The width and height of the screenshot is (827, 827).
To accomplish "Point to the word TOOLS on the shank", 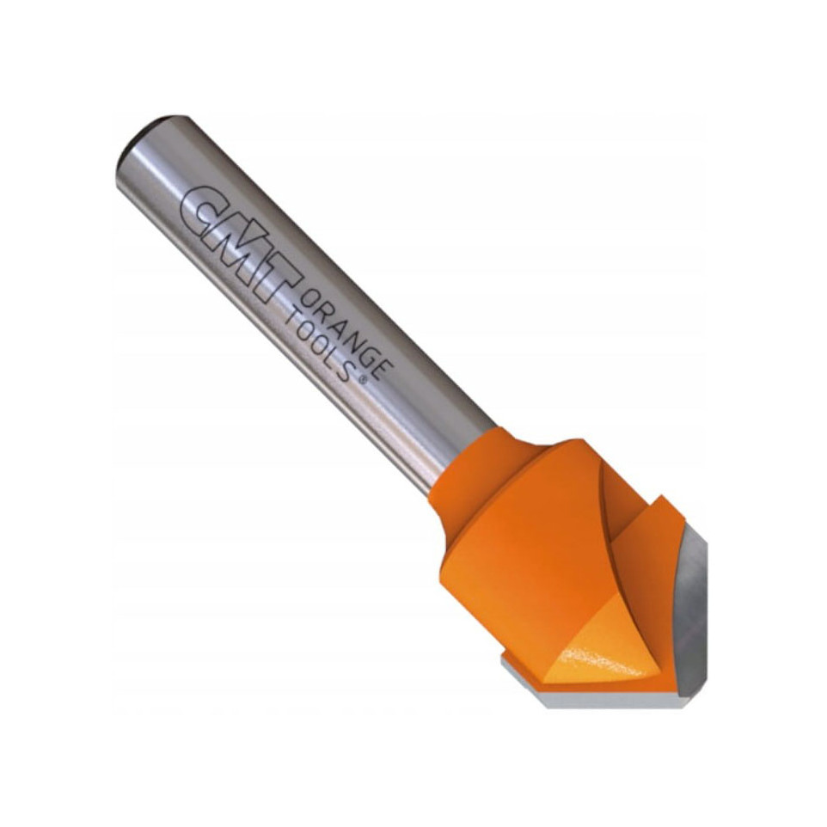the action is coord(320,346).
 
